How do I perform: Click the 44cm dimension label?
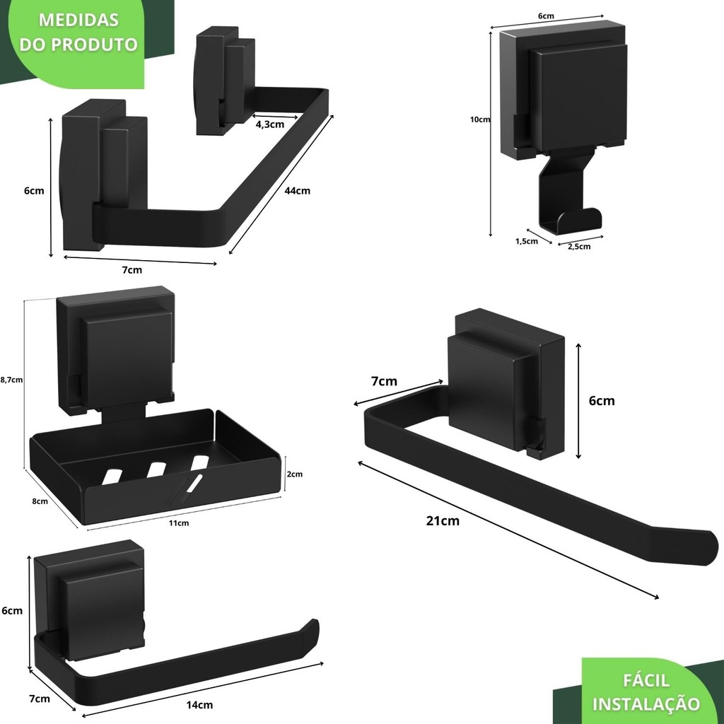298,190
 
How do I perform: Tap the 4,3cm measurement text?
270,124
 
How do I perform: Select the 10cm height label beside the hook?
480,119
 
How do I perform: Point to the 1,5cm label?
527,241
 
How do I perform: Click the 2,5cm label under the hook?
575,246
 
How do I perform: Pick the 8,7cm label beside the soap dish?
12,380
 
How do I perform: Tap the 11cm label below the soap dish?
179,523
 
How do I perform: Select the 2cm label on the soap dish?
295,474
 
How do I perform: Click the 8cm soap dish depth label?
40,501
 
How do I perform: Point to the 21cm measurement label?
443,521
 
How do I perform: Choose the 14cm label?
200,704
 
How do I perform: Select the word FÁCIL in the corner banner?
646,680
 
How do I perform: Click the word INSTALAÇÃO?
646,704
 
